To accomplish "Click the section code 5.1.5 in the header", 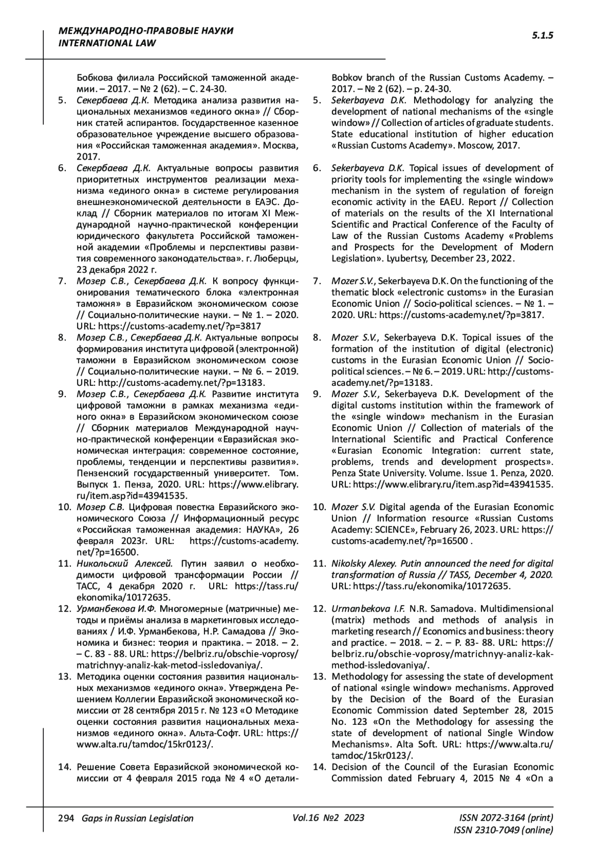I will (543, 35).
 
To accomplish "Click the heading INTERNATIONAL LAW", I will (108, 43).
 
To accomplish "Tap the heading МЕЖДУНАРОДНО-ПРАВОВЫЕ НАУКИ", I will (146, 31).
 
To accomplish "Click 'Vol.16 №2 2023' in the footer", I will (328, 818).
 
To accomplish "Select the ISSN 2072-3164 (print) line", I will (506, 818).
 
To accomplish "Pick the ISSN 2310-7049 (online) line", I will (503, 830).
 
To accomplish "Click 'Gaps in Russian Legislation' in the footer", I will (134, 818).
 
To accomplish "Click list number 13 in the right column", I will (319, 676).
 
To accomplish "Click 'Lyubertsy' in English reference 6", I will (406, 258).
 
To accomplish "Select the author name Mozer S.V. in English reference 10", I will (353, 507).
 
